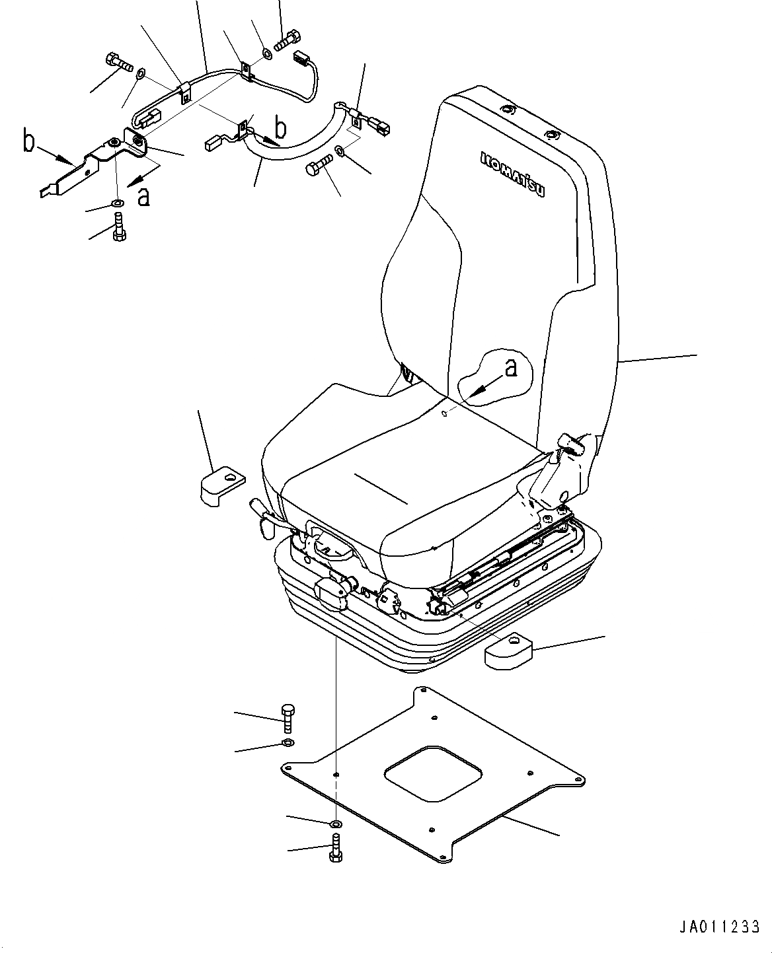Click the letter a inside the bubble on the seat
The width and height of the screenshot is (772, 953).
click(x=510, y=368)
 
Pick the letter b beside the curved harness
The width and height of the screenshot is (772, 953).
click(x=280, y=125)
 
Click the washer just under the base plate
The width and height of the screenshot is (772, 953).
click(x=336, y=824)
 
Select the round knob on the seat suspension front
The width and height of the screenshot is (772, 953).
click(x=332, y=592)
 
